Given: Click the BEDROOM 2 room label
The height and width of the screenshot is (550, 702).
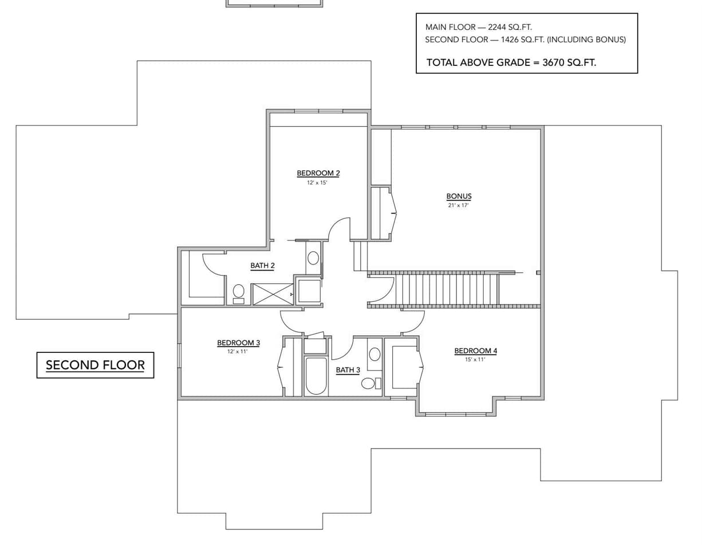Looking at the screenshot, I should tap(318, 173).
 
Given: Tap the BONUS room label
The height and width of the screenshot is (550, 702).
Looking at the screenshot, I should tap(459, 196).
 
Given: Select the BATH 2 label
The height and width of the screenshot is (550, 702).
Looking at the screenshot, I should tap(262, 265).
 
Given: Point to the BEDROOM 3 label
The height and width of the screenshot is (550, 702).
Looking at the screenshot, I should tap(238, 343).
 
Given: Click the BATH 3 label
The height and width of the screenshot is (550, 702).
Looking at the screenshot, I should tap(348, 370).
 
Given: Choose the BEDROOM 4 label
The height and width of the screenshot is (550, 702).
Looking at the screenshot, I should tap(475, 351).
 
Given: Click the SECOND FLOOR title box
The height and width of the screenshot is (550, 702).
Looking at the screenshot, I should tap(95, 365).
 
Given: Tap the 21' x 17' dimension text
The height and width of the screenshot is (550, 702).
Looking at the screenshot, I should tap(458, 205).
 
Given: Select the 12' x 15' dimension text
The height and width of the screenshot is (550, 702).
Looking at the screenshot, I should tap(317, 183).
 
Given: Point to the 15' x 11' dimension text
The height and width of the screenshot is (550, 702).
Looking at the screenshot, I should tap(475, 360).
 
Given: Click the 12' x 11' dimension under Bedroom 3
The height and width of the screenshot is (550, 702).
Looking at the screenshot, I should tap(237, 352).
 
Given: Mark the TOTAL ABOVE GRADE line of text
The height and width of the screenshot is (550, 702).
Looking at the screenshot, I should tap(511, 62).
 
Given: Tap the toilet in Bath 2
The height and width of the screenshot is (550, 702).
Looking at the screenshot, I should tap(239, 293).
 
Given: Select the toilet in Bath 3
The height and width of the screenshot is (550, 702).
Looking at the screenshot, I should tap(370, 383).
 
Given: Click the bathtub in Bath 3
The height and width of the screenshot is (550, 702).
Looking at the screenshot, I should tap(315, 376).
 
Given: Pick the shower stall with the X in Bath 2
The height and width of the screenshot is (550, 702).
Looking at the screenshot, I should tap(273, 294).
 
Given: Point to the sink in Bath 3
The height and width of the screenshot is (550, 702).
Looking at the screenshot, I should tap(374, 354).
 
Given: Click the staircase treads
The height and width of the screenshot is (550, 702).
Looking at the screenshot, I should tap(447, 289).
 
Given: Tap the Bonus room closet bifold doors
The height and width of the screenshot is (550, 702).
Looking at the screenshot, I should tap(393, 213).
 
